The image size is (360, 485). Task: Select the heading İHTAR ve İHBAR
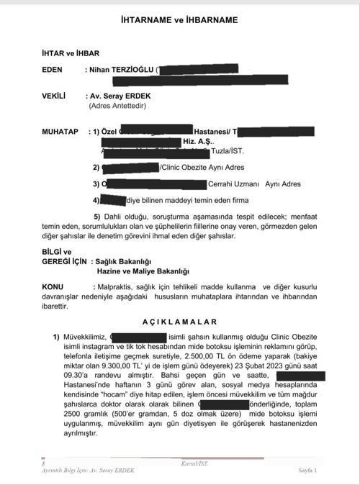point(71,53)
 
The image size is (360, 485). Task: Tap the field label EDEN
point(55,70)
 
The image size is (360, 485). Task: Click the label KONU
point(53,286)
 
